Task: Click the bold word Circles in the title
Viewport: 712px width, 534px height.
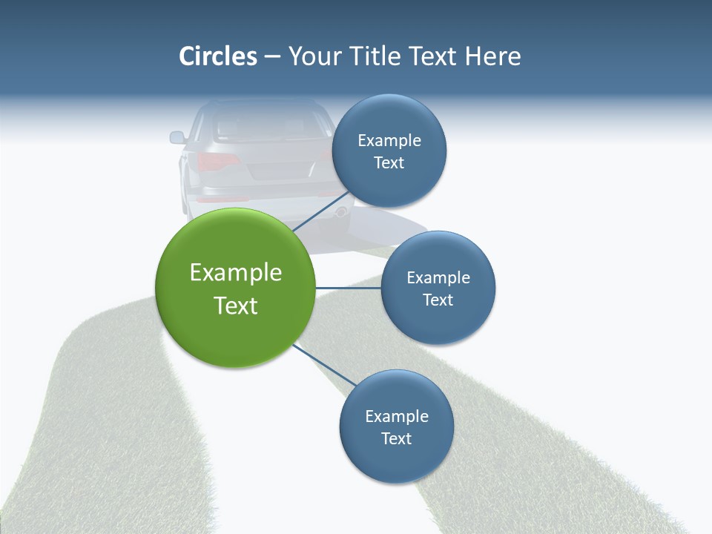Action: pyautogui.click(x=218, y=56)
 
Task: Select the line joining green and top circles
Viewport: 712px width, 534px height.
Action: pyautogui.click(x=321, y=211)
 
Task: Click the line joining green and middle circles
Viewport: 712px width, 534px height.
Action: pyautogui.click(x=348, y=288)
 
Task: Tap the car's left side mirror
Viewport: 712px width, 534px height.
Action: pyautogui.click(x=177, y=137)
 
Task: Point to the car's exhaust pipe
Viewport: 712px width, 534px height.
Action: pyautogui.click(x=340, y=212)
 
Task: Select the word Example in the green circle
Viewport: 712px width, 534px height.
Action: pyautogui.click(x=236, y=273)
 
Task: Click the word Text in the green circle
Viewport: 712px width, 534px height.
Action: pyautogui.click(x=236, y=306)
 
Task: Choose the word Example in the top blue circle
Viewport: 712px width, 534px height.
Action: pyautogui.click(x=389, y=141)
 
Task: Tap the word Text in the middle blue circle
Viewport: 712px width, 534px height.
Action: pyautogui.click(x=438, y=300)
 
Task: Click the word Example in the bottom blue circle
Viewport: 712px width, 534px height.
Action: pyautogui.click(x=397, y=417)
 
